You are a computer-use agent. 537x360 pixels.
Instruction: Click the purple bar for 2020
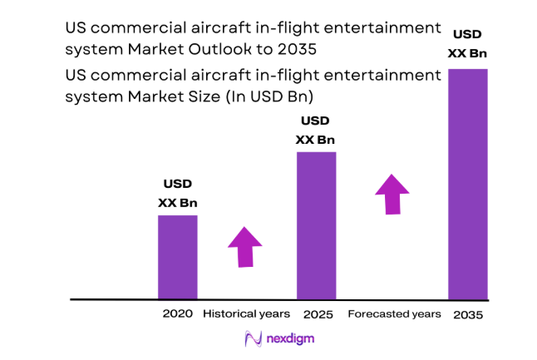(177, 256)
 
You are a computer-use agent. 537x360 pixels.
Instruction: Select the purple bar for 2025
(316, 224)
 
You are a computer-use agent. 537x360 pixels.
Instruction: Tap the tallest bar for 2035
(467, 183)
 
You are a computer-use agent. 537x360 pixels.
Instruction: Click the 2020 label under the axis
(178, 313)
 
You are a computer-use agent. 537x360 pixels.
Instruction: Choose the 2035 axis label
(467, 315)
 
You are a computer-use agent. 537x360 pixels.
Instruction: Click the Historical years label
(247, 313)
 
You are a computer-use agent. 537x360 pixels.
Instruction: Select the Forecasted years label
(394, 313)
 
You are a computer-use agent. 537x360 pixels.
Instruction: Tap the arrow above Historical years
(245, 247)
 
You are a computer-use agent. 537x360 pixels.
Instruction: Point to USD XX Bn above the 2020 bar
(178, 194)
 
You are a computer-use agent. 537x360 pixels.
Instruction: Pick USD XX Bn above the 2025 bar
(316, 131)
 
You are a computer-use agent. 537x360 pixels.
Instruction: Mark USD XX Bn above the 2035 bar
(467, 45)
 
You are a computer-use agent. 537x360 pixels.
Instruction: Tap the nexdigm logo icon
(254, 339)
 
